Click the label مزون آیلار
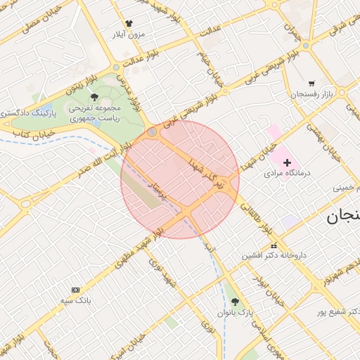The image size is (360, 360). click(128, 34)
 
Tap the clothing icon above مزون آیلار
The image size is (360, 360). click(128, 23)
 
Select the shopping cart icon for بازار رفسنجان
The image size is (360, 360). click(311, 83)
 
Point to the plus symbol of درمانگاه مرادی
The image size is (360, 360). click(287, 162)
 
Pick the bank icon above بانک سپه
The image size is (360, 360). click(76, 290)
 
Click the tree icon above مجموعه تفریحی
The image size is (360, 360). click(95, 98)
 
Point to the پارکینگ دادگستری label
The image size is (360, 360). click(26, 112)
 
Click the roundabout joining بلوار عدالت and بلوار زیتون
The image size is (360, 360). click(116, 68)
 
